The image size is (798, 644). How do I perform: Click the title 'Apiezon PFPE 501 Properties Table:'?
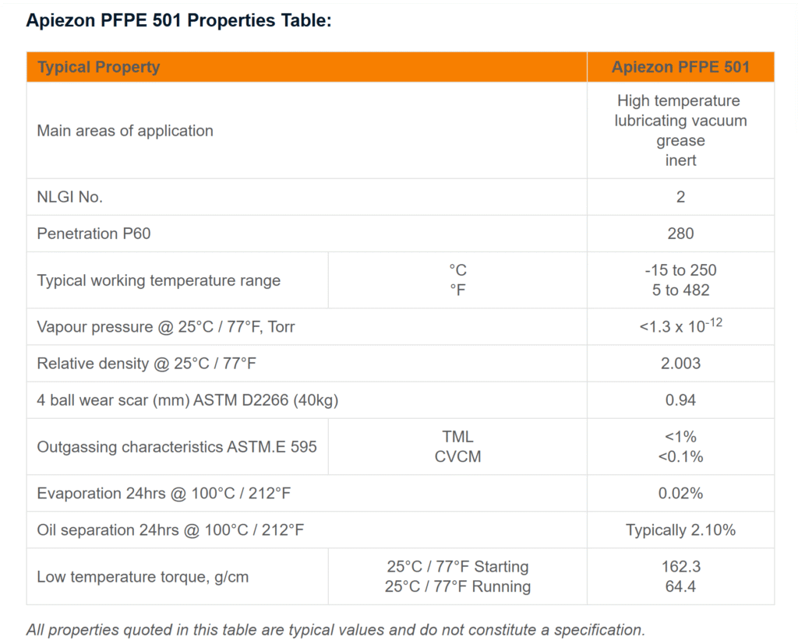pos(178,21)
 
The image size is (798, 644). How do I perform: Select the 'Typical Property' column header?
pos(98,67)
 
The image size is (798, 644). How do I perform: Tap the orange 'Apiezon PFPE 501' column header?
pos(680,67)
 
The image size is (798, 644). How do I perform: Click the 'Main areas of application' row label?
pos(125,131)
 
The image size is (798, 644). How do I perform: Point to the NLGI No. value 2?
pos(680,197)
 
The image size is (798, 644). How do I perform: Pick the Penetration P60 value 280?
pos(680,234)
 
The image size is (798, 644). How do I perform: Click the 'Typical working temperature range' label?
pos(158,280)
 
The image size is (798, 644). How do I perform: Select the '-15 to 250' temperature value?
pos(680,270)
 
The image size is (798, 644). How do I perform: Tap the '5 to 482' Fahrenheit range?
pos(680,290)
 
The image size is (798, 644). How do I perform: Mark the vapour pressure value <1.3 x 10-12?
pos(680,326)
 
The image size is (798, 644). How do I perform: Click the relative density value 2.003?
pos(680,364)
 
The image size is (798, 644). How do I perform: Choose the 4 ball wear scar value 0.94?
pos(680,400)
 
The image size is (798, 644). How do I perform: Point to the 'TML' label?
pos(457,437)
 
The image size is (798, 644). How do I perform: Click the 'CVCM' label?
pos(457,457)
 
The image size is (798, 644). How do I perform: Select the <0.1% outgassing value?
pos(680,457)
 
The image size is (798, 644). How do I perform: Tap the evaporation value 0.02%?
pos(680,494)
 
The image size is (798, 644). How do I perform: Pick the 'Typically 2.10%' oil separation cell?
pos(680,530)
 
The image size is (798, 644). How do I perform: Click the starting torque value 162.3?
pos(680,566)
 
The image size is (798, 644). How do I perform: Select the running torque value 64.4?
pos(680,586)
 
